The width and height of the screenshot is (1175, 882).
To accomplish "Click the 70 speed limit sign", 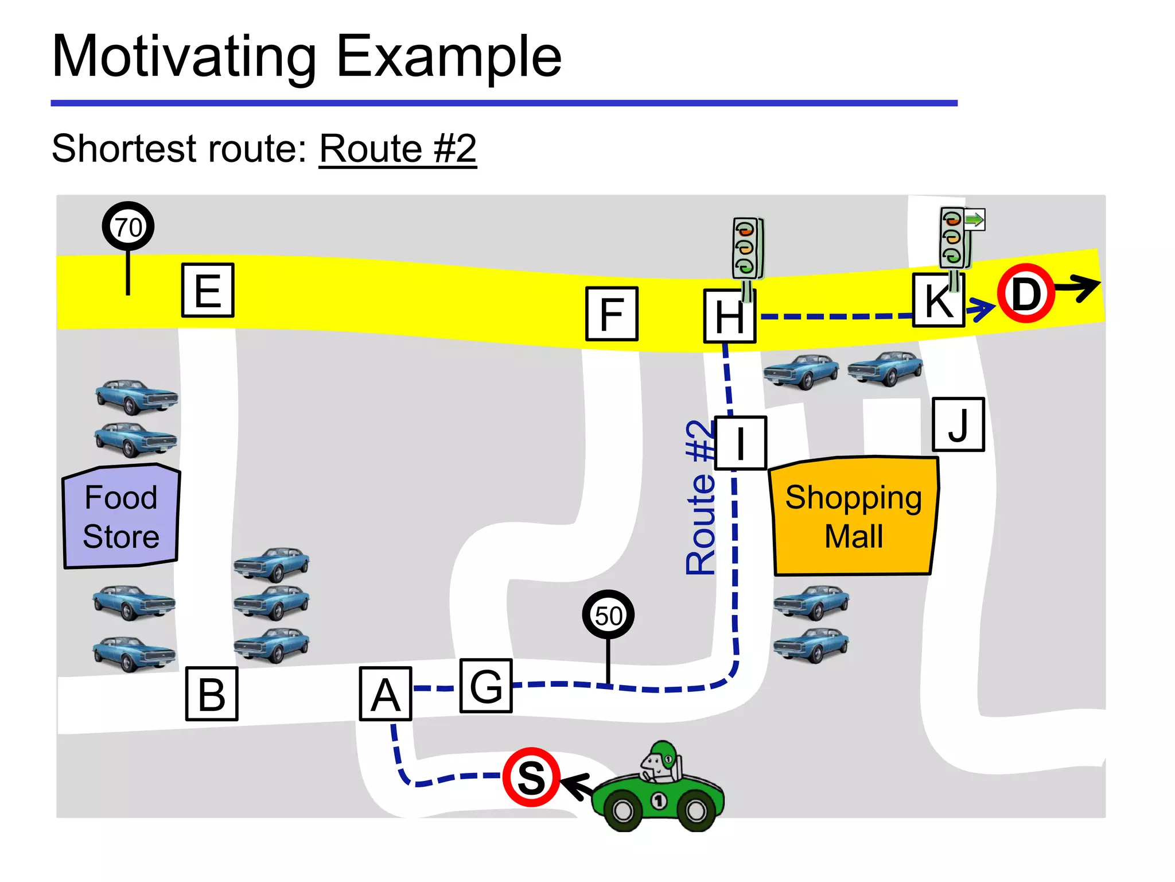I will (128, 227).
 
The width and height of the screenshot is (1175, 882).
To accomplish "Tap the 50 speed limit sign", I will (608, 616).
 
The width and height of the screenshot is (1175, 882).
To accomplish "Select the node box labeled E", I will (208, 291).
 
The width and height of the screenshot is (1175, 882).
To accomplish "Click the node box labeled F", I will (612, 314).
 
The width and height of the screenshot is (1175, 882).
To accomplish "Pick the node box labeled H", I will (729, 316).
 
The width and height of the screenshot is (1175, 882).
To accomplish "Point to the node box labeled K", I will (939, 300).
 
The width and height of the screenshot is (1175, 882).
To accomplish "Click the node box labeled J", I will (958, 425).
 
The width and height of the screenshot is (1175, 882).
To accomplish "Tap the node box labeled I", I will (741, 443).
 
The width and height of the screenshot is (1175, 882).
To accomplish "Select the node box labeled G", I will (486, 686).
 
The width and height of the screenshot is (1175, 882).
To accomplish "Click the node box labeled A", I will (386, 694).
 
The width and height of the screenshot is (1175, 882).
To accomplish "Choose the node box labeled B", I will (212, 694).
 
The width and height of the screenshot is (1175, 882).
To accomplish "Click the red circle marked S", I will (531, 777).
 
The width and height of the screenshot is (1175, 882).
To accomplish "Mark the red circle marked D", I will (1026, 293).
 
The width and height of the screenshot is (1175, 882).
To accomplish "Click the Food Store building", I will (121, 517).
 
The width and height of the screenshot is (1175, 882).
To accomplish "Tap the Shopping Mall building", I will (854, 516).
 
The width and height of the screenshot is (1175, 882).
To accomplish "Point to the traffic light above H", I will (747, 248).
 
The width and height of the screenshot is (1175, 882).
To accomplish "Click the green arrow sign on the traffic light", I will (974, 219).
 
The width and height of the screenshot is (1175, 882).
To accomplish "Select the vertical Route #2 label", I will (701, 497).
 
